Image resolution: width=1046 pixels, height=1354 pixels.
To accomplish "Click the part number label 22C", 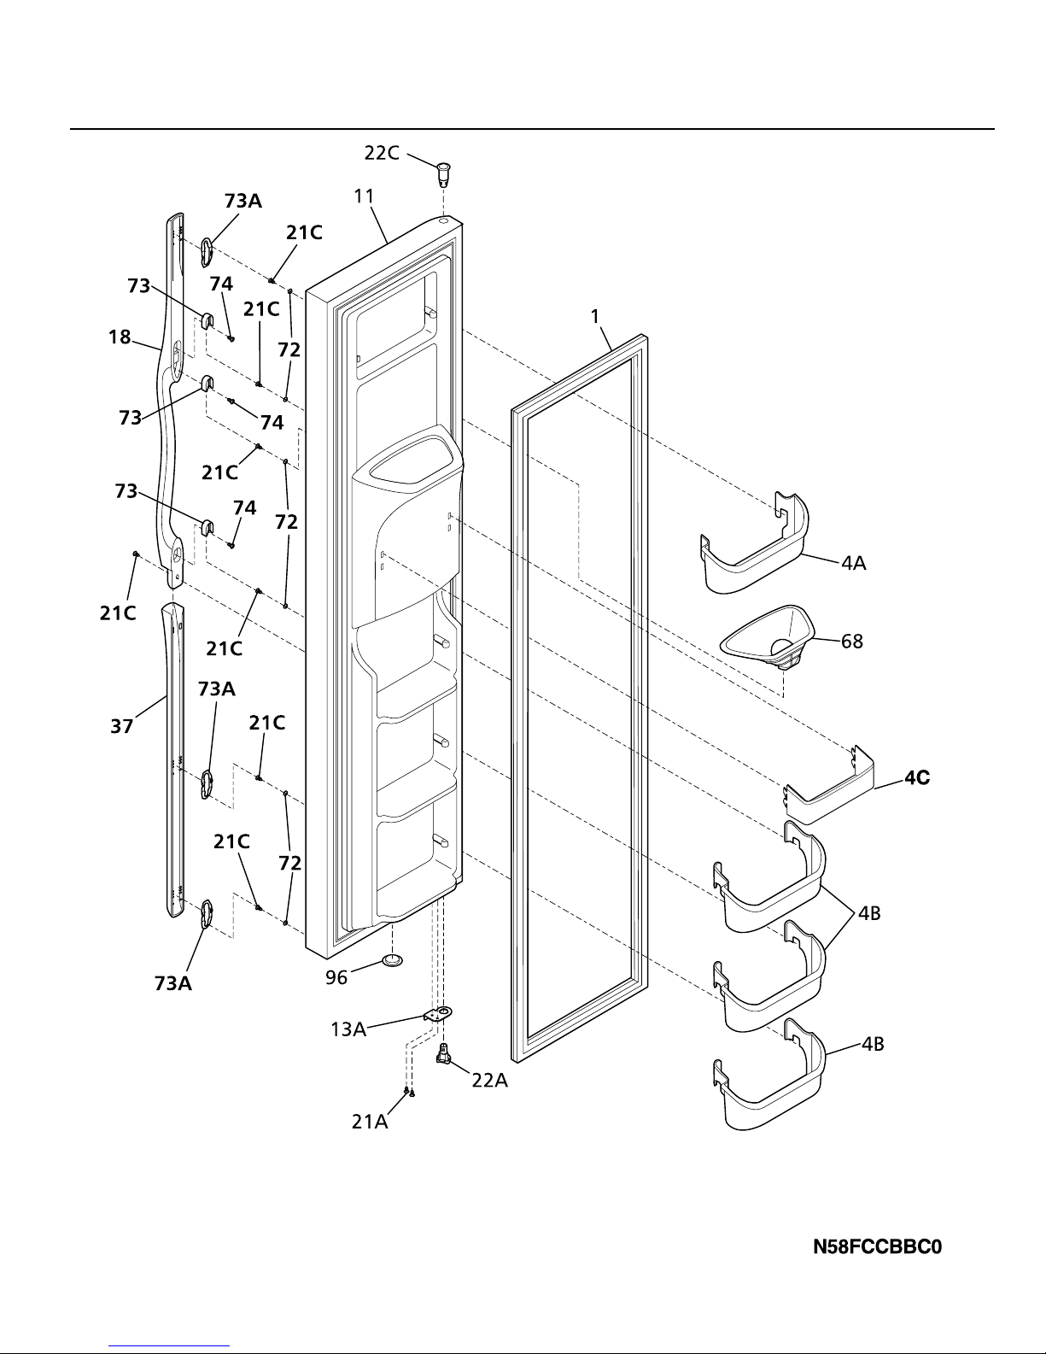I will tap(381, 153).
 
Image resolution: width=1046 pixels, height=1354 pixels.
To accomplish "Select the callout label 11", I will tap(364, 196).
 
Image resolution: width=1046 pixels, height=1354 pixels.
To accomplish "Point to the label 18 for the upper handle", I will tap(120, 337).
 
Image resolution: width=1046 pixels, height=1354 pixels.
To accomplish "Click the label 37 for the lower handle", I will tap(122, 726).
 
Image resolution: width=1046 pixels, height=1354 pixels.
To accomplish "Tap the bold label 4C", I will tap(917, 778).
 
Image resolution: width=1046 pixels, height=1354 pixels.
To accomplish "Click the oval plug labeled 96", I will tap(393, 961).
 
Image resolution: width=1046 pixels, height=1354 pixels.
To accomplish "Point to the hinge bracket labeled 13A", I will tap(437, 1014).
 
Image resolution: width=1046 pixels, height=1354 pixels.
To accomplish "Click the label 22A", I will tap(490, 1081).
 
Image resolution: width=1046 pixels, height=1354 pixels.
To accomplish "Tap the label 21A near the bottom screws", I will tap(370, 1122).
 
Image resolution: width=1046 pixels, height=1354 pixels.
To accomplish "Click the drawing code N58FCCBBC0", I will tap(877, 1248).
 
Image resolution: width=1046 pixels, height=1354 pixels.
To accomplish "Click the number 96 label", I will tap(336, 978).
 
